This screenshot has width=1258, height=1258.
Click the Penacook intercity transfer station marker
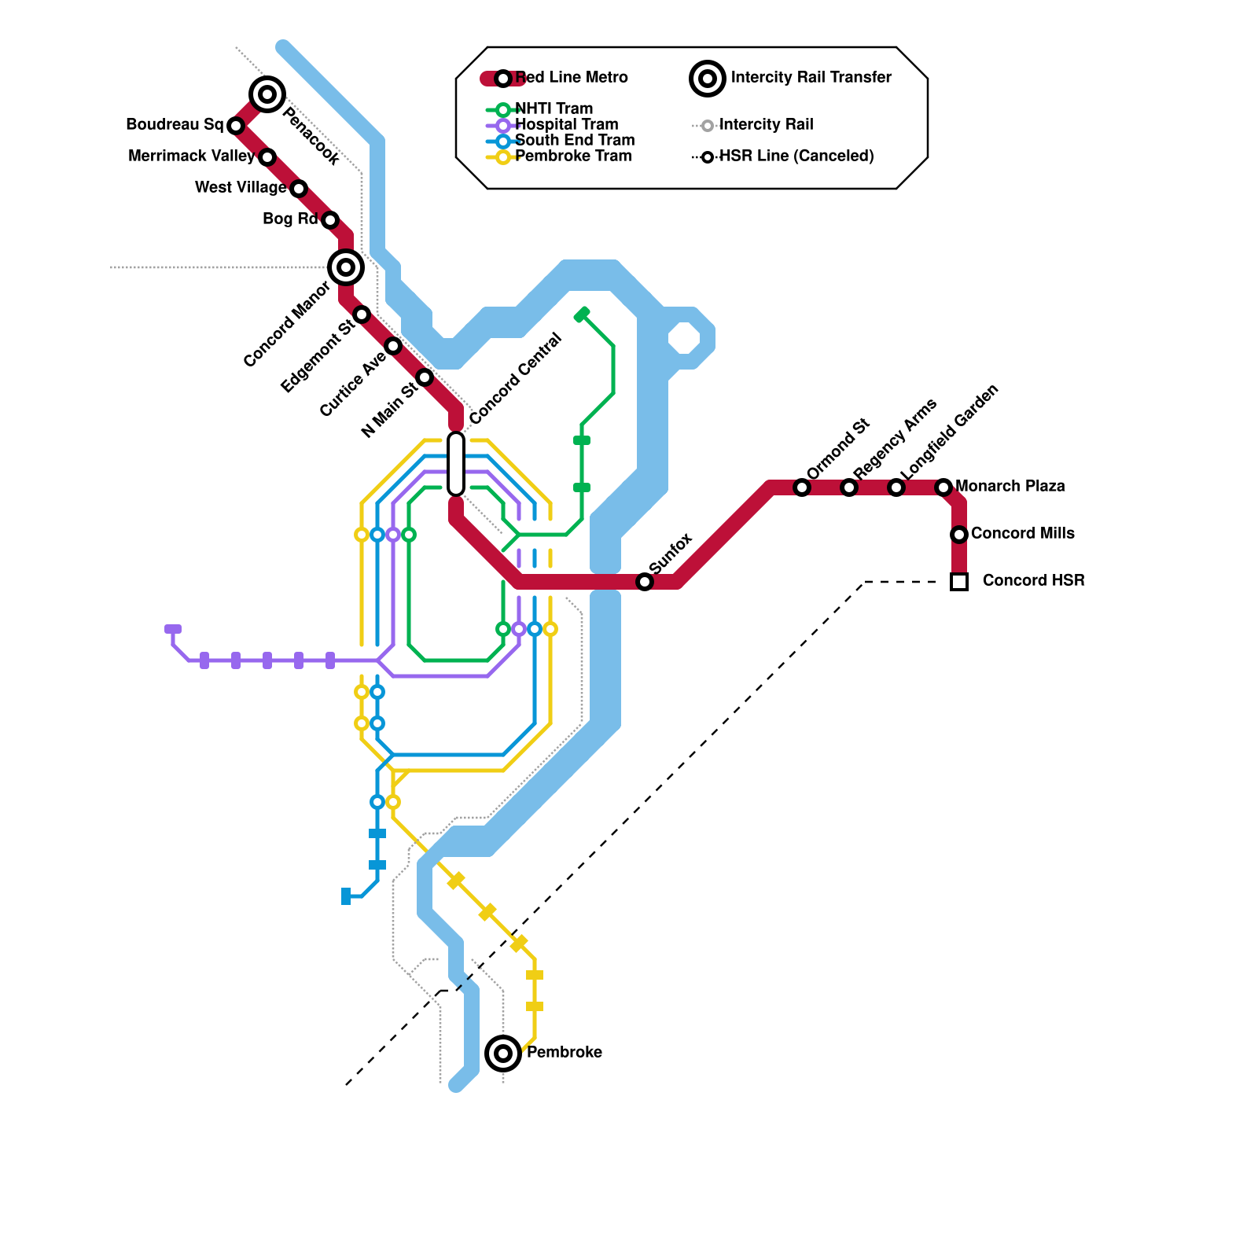pos(267,95)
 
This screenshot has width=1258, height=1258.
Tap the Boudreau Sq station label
pos(175,125)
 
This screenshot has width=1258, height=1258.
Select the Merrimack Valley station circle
pos(267,157)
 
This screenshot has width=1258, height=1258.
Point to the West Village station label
pos(240,188)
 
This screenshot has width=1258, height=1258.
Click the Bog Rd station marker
pos(330,220)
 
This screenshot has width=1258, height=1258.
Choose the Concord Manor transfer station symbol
pos(346,267)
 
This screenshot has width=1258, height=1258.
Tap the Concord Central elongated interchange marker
pos(456,464)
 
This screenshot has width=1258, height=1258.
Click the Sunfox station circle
pos(645,582)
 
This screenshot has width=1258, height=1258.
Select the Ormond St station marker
pos(802,487)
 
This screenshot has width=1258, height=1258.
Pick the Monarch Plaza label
pos(1010,487)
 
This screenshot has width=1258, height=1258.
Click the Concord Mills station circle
pos(959,535)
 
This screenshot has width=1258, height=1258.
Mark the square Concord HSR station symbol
pos(959,582)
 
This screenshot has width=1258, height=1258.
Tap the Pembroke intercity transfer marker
pos(503,1054)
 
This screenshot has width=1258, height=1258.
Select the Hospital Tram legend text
pos(566,125)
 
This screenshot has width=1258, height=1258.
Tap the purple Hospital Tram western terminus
pos(173,629)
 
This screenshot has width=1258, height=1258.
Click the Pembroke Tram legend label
pos(573,156)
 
